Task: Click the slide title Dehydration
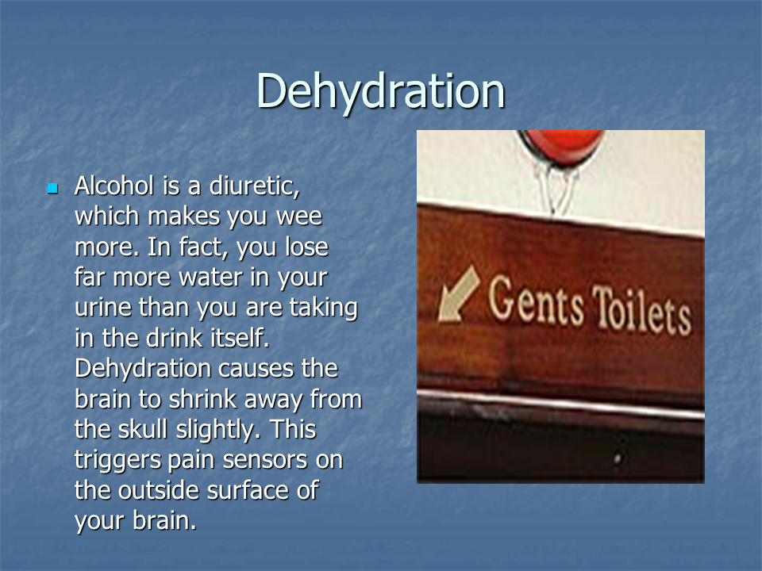click(380, 92)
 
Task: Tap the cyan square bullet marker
click(53, 188)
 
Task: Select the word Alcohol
click(114, 186)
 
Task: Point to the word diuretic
click(254, 186)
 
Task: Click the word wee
click(299, 217)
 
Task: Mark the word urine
click(103, 308)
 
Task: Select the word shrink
click(202, 399)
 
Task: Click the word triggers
click(117, 460)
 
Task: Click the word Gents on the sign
click(536, 300)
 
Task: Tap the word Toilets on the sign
click(641, 310)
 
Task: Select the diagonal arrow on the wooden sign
click(458, 293)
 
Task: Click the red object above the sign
click(561, 146)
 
